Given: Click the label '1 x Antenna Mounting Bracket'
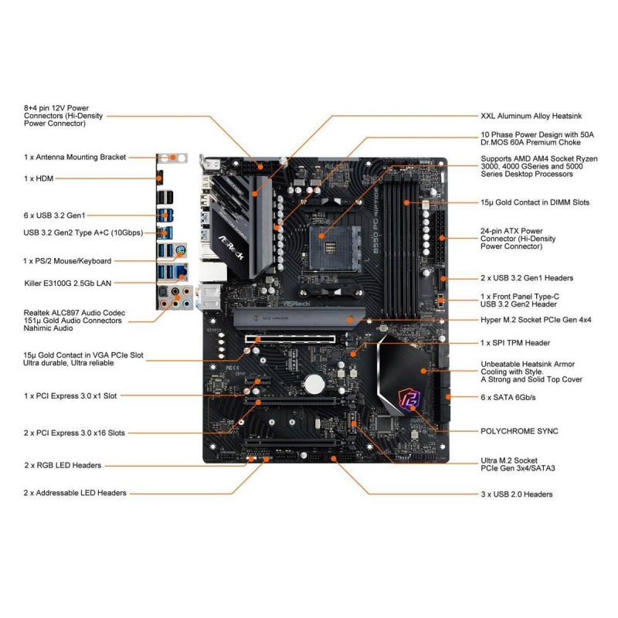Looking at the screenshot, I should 75,157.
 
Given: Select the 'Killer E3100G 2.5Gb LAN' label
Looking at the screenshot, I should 68,284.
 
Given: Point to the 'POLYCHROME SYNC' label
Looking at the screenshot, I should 519,430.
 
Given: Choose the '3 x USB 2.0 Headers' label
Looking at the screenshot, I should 517,494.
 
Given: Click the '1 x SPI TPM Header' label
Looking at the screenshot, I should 515,342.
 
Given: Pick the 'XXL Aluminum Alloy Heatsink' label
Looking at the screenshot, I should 531,116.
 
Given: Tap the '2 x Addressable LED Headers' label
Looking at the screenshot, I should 75,492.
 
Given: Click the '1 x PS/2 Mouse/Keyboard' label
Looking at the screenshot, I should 67,260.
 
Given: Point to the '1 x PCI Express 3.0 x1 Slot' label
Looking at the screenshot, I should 70,396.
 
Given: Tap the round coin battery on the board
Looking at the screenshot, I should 311,382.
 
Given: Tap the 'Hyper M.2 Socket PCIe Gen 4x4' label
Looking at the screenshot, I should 536,319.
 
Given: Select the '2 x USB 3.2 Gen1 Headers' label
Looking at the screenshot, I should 527,277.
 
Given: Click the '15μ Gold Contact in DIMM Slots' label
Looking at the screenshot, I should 535,202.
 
